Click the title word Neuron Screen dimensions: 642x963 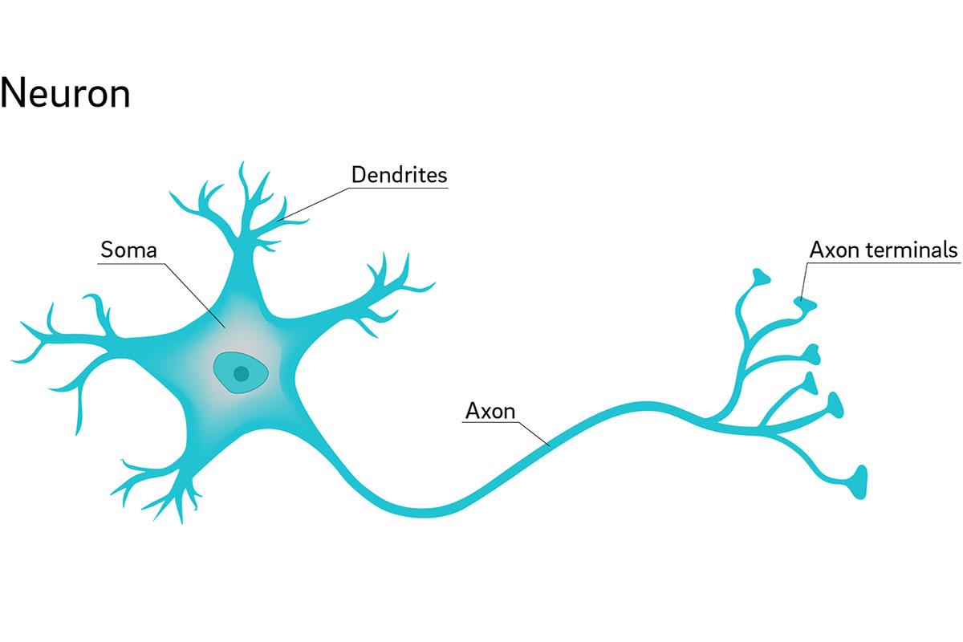click(66, 94)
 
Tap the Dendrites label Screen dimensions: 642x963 click(399, 174)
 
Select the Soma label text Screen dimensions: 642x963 click(128, 250)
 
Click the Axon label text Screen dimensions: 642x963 click(490, 412)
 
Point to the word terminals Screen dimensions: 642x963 click(916, 250)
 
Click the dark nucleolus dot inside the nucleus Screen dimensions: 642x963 click(239, 372)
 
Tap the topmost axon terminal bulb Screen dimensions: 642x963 click(760, 278)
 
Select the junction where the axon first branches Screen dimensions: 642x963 click(709, 417)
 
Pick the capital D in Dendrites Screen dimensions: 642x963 click(359, 174)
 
